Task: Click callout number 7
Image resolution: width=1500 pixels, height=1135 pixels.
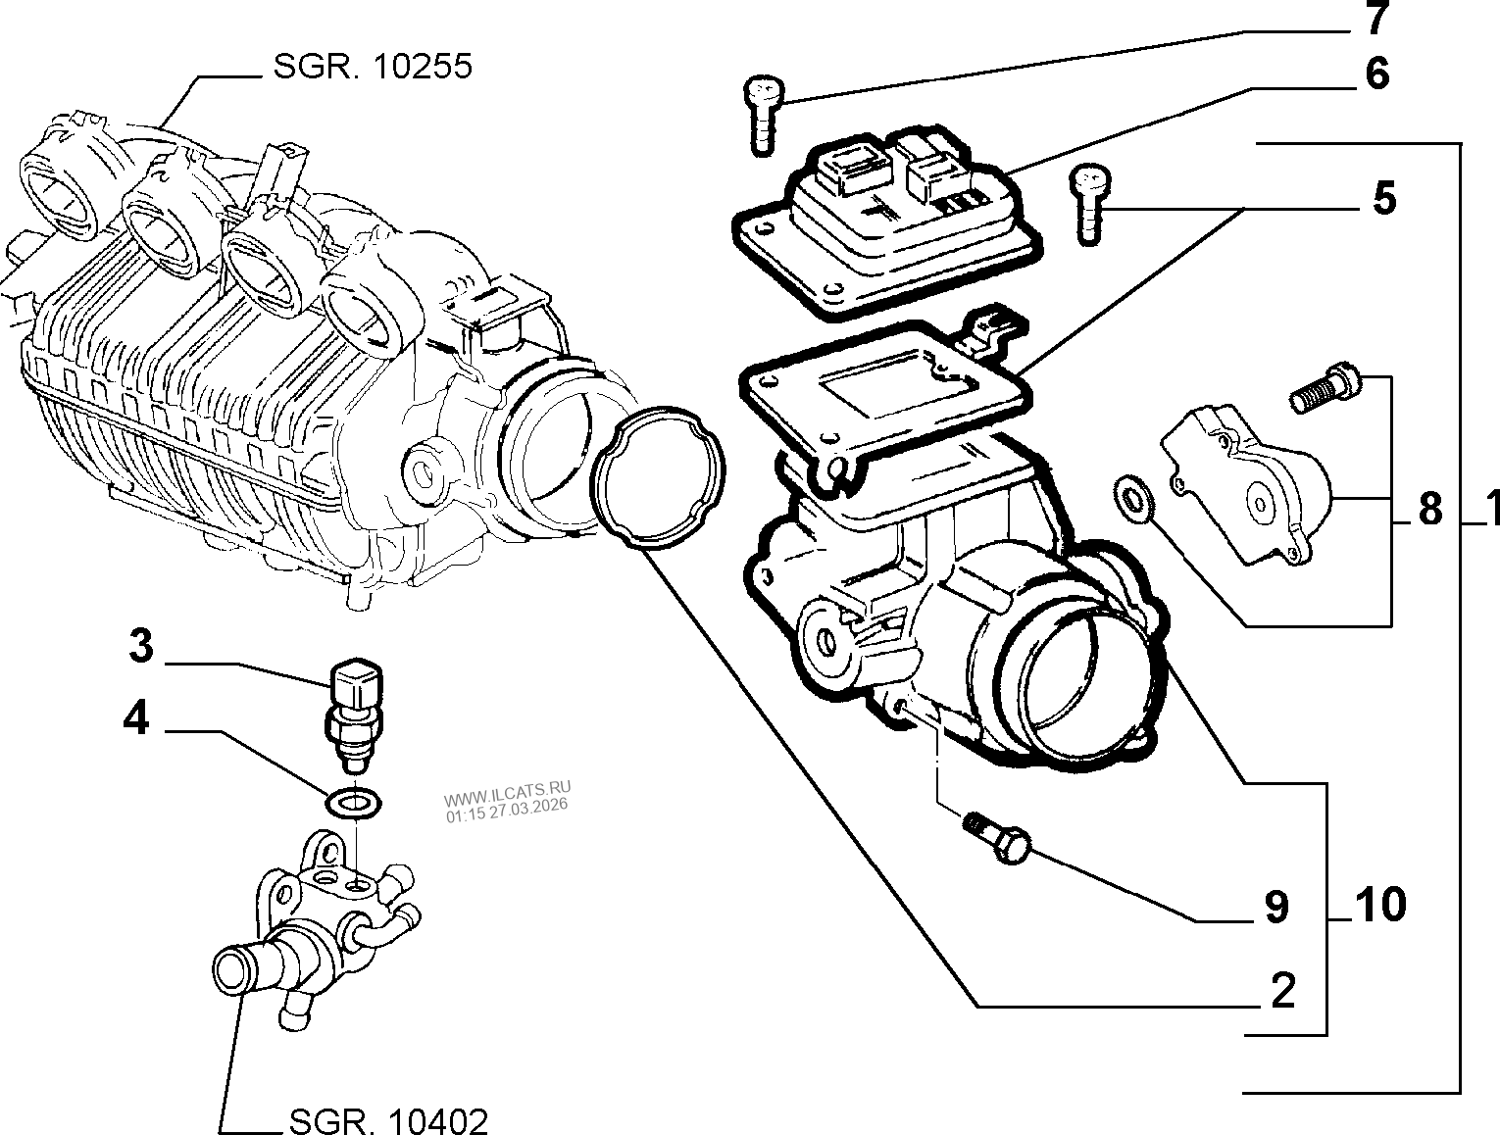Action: [x=1376, y=20]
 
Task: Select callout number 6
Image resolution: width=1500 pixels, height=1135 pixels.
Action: [x=1376, y=75]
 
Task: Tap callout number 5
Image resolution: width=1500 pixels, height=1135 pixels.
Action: [x=1382, y=199]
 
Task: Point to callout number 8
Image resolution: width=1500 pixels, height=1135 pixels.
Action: [x=1429, y=510]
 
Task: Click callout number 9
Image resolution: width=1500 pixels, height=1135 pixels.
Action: [x=1275, y=908]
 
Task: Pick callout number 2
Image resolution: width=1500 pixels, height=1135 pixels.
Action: [x=1282, y=992]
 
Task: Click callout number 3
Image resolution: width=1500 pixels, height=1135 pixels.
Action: [x=141, y=647]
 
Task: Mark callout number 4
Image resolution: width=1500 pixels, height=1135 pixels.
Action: [x=136, y=720]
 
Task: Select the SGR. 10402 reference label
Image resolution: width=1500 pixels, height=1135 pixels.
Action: [x=388, y=1119]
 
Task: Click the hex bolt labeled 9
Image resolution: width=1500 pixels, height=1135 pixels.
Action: [x=998, y=837]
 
